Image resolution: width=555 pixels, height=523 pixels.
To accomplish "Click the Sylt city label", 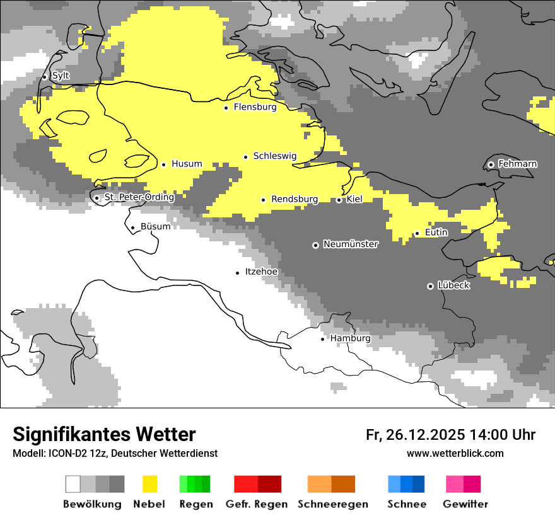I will (61, 76).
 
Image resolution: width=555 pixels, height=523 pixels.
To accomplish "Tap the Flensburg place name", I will (255, 107).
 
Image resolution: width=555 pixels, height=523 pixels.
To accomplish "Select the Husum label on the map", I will (187, 164).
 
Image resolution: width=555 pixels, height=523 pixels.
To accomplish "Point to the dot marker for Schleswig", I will (246, 156).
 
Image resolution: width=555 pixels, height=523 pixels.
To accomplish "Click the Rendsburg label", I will (295, 199).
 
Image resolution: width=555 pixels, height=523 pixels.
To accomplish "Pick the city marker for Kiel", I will (339, 200).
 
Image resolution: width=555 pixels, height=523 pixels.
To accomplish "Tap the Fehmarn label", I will (517, 164).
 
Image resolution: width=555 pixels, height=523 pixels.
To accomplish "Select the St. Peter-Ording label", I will (139, 197).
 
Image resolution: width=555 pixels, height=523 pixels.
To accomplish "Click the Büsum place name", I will (155, 226).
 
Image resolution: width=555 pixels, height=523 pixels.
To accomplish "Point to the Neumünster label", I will (351, 244).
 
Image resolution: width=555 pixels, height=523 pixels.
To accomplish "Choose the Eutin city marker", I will (417, 233).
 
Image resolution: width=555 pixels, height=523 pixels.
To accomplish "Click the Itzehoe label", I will (261, 272).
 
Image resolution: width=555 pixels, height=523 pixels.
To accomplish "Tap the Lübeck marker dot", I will (430, 286).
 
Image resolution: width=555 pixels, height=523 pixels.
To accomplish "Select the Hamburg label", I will (350, 338).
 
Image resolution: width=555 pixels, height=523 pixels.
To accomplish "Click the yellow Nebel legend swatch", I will (150, 484).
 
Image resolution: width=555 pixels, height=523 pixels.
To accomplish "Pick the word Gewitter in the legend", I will (465, 504).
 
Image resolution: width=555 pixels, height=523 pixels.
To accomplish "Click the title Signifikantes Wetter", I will (104, 434).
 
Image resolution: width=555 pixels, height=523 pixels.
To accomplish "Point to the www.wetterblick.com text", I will (455, 453).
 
